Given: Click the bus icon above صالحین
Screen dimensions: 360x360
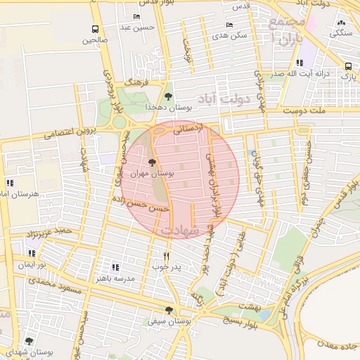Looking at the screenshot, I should coord(95,29).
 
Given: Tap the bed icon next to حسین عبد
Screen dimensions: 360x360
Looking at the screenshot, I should coord(136,17).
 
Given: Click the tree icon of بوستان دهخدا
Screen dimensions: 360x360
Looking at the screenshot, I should coord(167,96).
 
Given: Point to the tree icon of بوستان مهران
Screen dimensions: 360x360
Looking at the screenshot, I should coord(153,162).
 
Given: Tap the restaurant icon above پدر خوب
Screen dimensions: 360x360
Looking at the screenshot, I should coord(166,257).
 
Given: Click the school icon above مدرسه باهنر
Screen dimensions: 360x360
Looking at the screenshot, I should coord(116,267).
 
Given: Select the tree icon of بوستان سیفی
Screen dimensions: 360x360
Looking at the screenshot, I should coord(167,310).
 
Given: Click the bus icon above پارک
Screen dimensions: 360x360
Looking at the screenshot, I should coord(347,67).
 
